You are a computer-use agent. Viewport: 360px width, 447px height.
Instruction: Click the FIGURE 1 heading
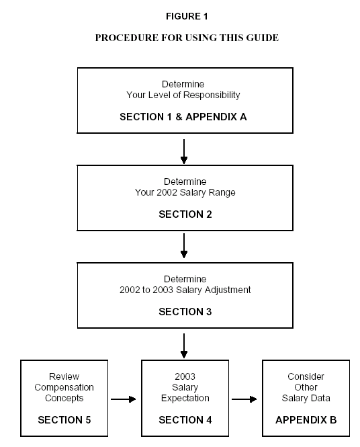point(187,16)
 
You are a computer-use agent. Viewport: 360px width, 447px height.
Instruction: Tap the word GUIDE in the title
point(263,38)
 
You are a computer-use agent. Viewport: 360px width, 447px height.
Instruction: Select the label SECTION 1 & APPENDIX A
point(183,117)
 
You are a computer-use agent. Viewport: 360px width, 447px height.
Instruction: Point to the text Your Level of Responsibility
point(183,95)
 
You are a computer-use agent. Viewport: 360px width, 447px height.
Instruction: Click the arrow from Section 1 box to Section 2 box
point(184,151)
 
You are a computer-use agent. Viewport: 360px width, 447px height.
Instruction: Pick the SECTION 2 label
point(185,214)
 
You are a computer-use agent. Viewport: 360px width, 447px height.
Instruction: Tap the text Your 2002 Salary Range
point(185,193)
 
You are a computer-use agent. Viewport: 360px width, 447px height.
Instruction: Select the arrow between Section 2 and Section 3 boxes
point(184,246)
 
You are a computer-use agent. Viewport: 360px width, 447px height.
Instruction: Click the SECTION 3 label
point(185,312)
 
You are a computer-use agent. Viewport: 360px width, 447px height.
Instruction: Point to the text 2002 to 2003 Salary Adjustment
point(185,290)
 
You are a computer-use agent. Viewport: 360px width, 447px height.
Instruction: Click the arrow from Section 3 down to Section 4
point(184,346)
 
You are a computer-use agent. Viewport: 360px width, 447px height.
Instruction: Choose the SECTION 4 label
point(185,420)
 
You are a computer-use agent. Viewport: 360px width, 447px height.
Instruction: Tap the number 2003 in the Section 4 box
point(185,376)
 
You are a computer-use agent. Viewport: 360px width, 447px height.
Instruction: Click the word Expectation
point(185,398)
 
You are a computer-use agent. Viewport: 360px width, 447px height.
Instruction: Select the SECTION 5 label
point(64,420)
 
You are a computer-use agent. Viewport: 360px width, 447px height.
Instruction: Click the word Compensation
point(64,387)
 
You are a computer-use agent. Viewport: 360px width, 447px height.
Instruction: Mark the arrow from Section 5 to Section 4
point(124,399)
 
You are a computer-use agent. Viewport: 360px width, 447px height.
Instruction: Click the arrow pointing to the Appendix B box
point(244,399)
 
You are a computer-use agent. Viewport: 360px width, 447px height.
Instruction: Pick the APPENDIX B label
point(306,420)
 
